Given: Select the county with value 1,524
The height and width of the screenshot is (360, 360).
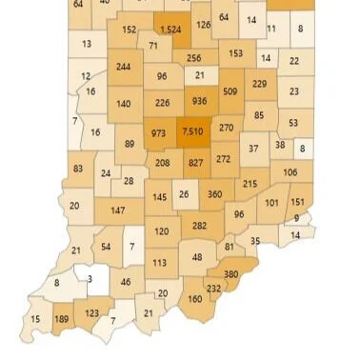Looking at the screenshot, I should [171, 30].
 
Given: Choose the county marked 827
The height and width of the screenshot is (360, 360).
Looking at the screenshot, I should [195, 163].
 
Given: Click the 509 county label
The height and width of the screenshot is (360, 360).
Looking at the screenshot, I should [230, 91].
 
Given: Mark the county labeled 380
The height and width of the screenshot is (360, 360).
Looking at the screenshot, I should [230, 272].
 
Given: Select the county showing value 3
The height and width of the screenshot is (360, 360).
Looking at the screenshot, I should [90, 279].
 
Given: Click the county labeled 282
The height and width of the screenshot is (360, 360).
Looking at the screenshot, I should [199, 226].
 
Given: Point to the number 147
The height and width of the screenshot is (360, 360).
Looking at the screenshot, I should [119, 210].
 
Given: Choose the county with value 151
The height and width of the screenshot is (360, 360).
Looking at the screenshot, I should [297, 202].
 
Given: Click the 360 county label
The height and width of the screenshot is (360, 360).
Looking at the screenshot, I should [214, 194].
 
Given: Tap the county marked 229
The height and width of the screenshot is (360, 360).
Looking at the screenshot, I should [259, 84].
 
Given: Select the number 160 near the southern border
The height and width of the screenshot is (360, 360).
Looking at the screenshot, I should [195, 299].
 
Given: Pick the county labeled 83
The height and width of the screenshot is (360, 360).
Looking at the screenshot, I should [78, 168].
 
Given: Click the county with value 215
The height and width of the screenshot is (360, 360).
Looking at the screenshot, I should [250, 184].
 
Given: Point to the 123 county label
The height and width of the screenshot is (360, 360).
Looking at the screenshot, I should [92, 312].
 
